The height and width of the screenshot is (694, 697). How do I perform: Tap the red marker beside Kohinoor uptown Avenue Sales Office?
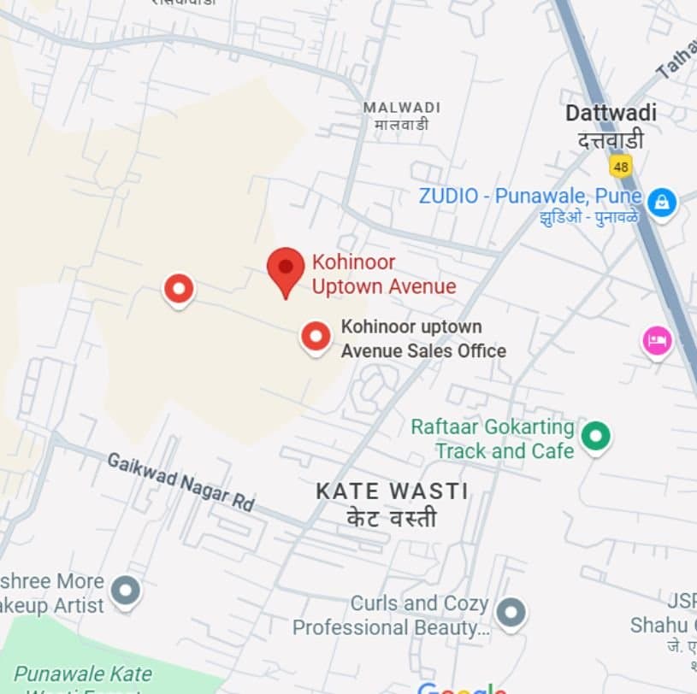pyautogui.click(x=316, y=337)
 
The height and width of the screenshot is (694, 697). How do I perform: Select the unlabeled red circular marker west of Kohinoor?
pyautogui.click(x=179, y=290)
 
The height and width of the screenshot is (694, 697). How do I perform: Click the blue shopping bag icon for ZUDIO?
pyautogui.click(x=661, y=203)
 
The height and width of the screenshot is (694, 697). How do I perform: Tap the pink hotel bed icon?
pyautogui.click(x=657, y=342)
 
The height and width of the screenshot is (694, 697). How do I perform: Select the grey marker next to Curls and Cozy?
pyautogui.click(x=511, y=612)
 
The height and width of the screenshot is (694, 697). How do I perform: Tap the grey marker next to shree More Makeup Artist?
pyautogui.click(x=126, y=591)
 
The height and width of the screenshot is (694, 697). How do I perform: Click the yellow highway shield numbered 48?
pyautogui.click(x=621, y=164)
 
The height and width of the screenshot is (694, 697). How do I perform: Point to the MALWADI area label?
pyautogui.click(x=402, y=108)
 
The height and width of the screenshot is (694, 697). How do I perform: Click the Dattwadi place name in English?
pyautogui.click(x=611, y=113)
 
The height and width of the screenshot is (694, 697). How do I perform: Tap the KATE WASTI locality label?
pyautogui.click(x=392, y=491)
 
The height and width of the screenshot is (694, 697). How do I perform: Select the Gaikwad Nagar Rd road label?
pyautogui.click(x=180, y=482)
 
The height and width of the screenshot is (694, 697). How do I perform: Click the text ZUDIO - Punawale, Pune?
pyautogui.click(x=529, y=196)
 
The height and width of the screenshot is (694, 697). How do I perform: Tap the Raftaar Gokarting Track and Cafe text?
pyautogui.click(x=493, y=438)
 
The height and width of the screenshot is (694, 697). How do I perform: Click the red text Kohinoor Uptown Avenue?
pyautogui.click(x=383, y=274)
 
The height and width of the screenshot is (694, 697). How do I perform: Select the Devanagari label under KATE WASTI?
pyautogui.click(x=392, y=518)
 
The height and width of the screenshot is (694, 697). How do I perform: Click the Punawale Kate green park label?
pyautogui.click(x=82, y=674)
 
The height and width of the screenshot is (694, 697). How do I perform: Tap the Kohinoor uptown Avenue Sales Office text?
pyautogui.click(x=422, y=338)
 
